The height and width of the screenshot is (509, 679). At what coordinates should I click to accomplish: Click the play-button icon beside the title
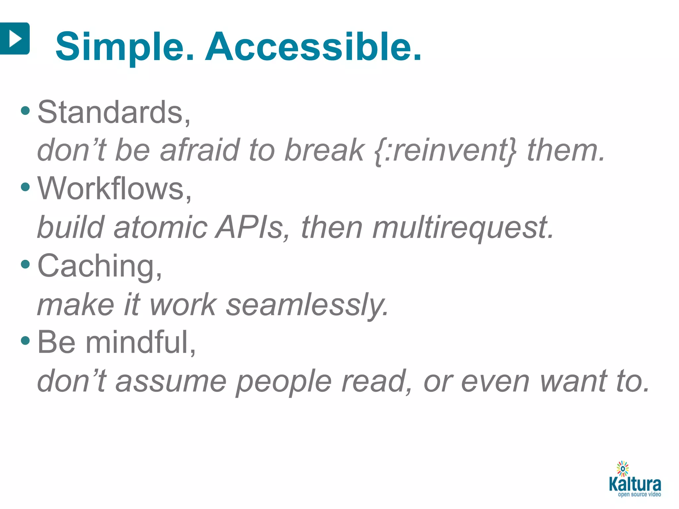15,38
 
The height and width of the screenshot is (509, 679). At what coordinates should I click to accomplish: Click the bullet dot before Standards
25,111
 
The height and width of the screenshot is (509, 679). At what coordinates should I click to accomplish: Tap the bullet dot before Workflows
25,187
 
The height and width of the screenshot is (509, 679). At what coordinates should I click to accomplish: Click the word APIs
249,227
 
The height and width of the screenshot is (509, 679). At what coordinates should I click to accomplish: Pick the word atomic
160,227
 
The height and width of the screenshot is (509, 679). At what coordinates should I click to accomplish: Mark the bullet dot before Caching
25,264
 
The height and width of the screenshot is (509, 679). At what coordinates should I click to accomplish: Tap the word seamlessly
307,305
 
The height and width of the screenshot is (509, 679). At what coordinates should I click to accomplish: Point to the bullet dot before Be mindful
25,341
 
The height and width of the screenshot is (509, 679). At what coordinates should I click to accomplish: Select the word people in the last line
284,382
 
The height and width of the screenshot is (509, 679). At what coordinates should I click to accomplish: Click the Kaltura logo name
635,484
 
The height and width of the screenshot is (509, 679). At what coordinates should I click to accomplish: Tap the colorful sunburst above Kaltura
623,469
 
